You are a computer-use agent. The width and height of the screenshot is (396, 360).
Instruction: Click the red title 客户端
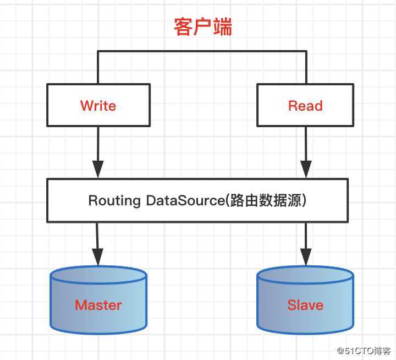pos(203,26)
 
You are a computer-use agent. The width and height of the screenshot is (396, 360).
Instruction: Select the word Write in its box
pos(98,106)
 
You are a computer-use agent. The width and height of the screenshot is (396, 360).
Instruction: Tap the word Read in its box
pos(305,106)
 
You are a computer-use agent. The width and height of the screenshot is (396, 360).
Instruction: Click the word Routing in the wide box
pos(114,200)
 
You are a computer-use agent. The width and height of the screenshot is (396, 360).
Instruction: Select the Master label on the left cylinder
pos(98,304)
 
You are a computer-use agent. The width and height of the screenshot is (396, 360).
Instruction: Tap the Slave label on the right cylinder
pos(305,304)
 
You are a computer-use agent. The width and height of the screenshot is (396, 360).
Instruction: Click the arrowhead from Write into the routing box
pos(98,170)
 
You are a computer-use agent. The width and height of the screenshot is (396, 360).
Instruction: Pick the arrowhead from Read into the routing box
pos(305,170)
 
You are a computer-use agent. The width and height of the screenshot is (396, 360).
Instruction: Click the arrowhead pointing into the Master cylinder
pos(98,256)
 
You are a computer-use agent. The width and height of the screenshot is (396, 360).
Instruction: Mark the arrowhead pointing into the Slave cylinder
pos(305,256)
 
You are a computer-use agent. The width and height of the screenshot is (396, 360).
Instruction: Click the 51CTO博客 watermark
pos(364,350)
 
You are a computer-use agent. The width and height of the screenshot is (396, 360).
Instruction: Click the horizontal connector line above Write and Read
pos(202,51)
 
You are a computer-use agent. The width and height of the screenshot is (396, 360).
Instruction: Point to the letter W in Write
pos(86,106)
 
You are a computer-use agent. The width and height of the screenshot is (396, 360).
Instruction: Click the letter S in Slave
pos(291,304)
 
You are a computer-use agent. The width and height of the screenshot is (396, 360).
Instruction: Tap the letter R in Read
pos(293,106)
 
